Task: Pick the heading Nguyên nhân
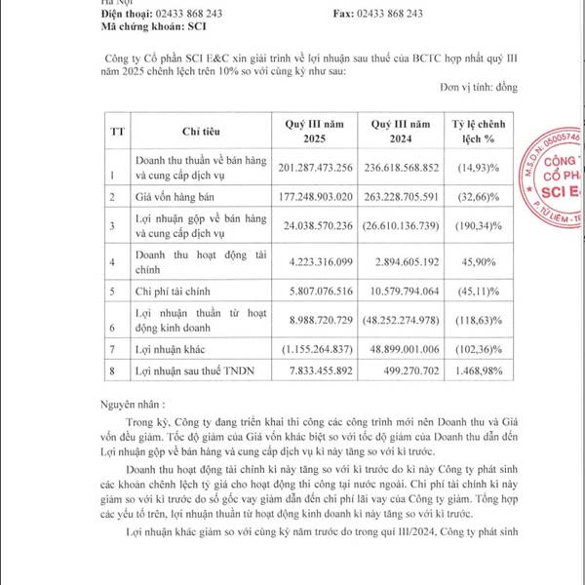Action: tap(136, 401)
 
